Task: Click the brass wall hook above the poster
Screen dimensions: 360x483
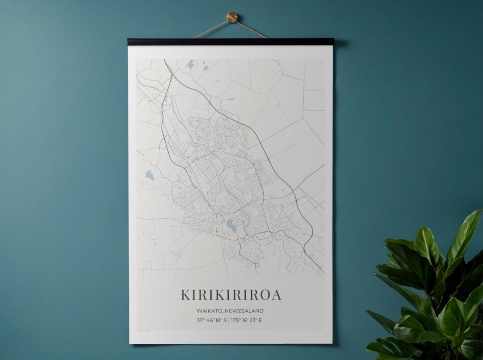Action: pos(232,17)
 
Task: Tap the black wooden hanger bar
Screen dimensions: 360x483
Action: pos(230,42)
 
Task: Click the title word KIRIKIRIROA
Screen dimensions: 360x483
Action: pos(231,295)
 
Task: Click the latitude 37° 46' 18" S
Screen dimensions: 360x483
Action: pos(212,320)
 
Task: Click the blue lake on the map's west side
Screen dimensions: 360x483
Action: pos(150,175)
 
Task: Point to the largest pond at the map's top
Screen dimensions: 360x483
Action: pos(190,65)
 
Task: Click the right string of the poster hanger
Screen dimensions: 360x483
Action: pos(252,30)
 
